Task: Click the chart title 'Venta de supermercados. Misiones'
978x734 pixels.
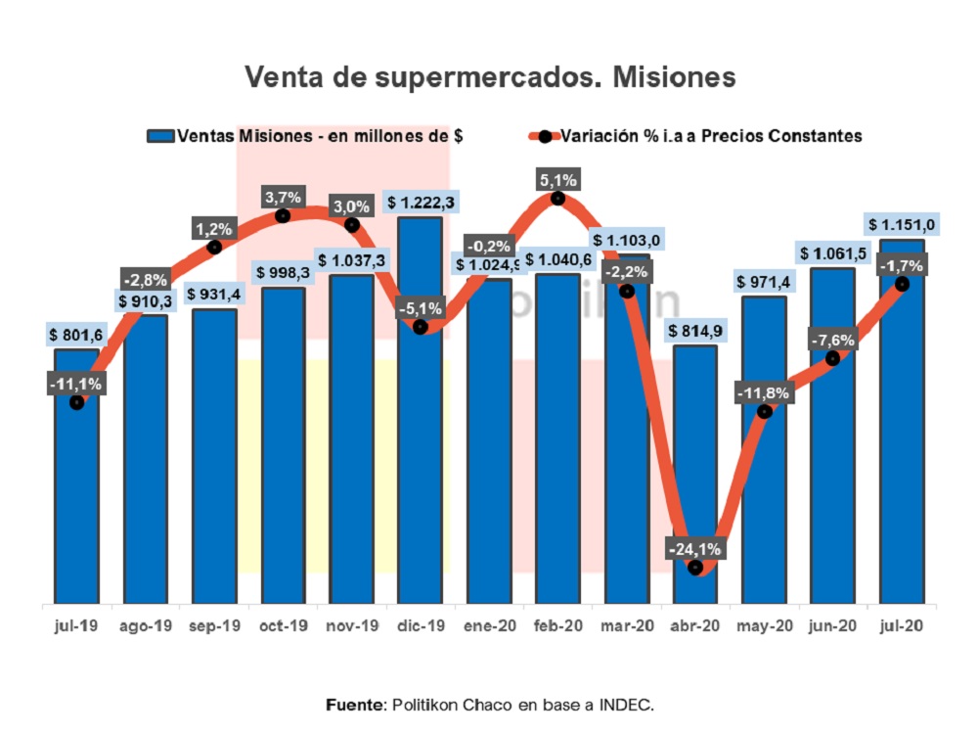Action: pos(489,76)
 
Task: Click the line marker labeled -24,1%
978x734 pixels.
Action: pos(695,567)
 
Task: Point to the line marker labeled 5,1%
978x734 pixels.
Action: pos(557,198)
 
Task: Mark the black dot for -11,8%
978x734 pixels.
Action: pos(765,411)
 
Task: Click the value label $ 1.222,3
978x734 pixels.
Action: pos(422,203)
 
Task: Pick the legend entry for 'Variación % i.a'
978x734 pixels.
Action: pos(694,136)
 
